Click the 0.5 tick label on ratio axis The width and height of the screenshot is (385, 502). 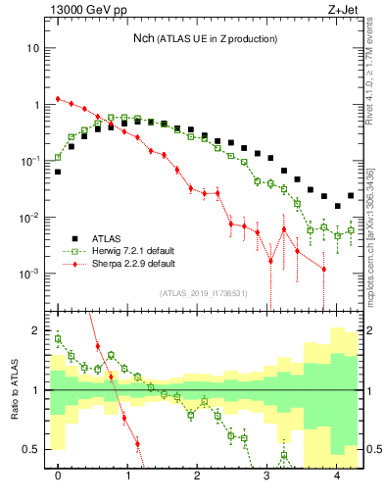tap(31, 449)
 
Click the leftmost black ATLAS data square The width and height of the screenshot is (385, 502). tap(58, 172)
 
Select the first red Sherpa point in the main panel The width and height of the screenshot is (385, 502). tap(58, 98)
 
